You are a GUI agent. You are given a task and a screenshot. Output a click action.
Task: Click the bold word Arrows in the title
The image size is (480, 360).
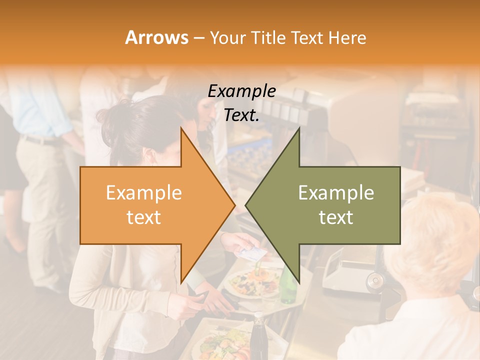(156, 37)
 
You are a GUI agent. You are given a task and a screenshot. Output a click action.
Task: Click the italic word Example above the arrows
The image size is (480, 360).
(242, 91)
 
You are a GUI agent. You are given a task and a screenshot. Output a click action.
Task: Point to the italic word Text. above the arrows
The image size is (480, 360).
(242, 115)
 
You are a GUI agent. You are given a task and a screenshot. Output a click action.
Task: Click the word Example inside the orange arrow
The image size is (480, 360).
(144, 193)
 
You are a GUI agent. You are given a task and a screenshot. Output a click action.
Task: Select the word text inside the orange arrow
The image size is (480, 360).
(144, 217)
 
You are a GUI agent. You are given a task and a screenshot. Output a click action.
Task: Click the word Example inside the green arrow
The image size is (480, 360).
(336, 193)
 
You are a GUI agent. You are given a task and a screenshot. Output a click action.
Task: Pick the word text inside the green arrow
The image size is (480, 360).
(336, 217)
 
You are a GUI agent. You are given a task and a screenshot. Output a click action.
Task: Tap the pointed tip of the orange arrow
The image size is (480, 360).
(234, 205)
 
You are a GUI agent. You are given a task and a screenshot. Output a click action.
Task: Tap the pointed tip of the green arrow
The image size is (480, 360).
(246, 205)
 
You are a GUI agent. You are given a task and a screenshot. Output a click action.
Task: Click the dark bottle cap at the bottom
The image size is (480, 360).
(258, 316)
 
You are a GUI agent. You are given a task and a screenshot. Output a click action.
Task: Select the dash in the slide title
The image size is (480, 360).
(198, 38)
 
